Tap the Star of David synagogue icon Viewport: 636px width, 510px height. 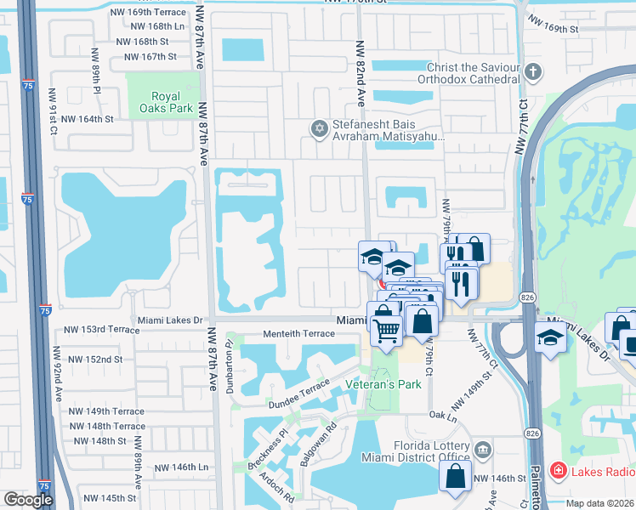tap(320, 128)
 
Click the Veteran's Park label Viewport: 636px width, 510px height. tap(383, 384)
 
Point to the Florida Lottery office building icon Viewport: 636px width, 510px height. tap(483, 448)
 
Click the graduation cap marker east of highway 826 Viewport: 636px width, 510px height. tap(550, 337)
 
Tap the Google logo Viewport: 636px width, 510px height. tap(28, 500)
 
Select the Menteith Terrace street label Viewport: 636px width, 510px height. tap(298, 334)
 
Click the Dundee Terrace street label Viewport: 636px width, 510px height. tap(298, 389)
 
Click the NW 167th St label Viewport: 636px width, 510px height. tap(150, 57)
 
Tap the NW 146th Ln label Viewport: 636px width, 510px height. tap(181, 467)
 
